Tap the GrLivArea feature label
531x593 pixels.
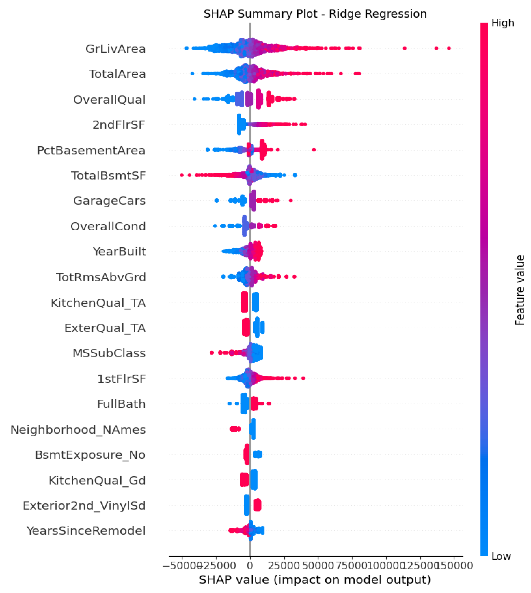coord(116,49)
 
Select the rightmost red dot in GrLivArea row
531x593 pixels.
coord(448,48)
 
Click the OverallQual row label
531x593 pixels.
coord(109,100)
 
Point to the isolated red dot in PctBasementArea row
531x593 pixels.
coord(314,150)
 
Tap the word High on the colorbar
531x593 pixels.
coord(502,23)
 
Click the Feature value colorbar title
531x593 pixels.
coord(520,290)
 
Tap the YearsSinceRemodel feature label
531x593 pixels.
coord(86,531)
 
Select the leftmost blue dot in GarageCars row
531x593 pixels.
coord(217,200)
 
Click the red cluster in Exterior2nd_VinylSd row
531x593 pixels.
coord(257,505)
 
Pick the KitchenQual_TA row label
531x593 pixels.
coord(98,303)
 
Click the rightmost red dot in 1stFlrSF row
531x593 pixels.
coord(303,378)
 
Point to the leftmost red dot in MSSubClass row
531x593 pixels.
coord(212,353)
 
